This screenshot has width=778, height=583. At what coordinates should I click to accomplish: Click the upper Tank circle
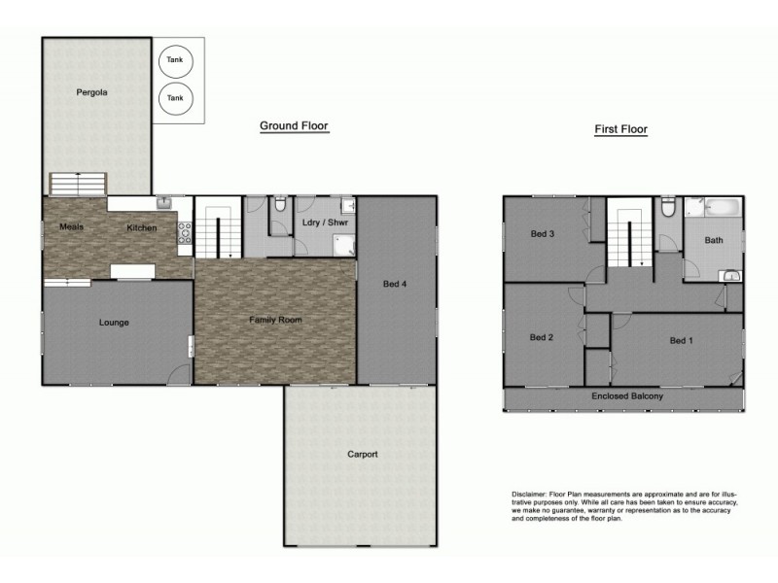point(175,60)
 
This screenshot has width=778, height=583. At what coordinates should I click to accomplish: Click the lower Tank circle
point(175,98)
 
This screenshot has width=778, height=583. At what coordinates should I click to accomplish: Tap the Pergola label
point(91,93)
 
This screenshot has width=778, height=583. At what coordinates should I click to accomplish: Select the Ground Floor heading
point(294,125)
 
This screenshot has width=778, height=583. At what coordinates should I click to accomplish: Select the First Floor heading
point(620,129)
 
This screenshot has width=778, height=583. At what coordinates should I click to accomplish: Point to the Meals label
point(71,227)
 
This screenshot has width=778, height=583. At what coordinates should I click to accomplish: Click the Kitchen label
point(141,228)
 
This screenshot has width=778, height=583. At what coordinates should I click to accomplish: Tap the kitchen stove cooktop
point(183,233)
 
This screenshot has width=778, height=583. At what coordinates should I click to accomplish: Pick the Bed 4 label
point(395,284)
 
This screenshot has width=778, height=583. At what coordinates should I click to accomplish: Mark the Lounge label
point(114,323)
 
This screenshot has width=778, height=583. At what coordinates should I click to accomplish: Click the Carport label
point(362,454)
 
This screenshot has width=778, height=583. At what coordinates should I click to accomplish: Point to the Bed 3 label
point(543,234)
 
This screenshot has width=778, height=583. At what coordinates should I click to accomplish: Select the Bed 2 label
point(542,337)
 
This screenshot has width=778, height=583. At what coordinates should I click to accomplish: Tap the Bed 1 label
point(682,340)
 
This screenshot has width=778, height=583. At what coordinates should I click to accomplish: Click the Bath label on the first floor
point(714,240)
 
